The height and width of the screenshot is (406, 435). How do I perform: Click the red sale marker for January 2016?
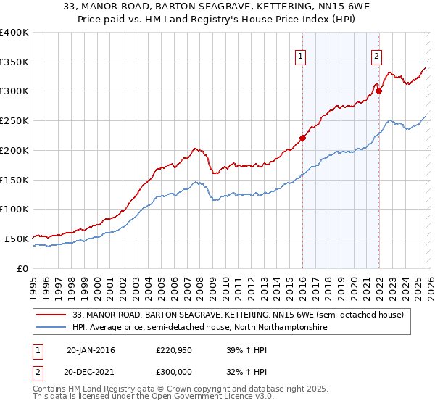[302, 138]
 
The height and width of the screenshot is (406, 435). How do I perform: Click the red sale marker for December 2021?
[378, 91]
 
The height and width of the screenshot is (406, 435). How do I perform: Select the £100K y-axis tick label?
[14, 209]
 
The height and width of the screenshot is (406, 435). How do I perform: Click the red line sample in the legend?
[52, 315]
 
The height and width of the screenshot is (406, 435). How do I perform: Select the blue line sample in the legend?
[52, 328]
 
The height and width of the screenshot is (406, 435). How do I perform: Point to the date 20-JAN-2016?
[91, 350]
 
